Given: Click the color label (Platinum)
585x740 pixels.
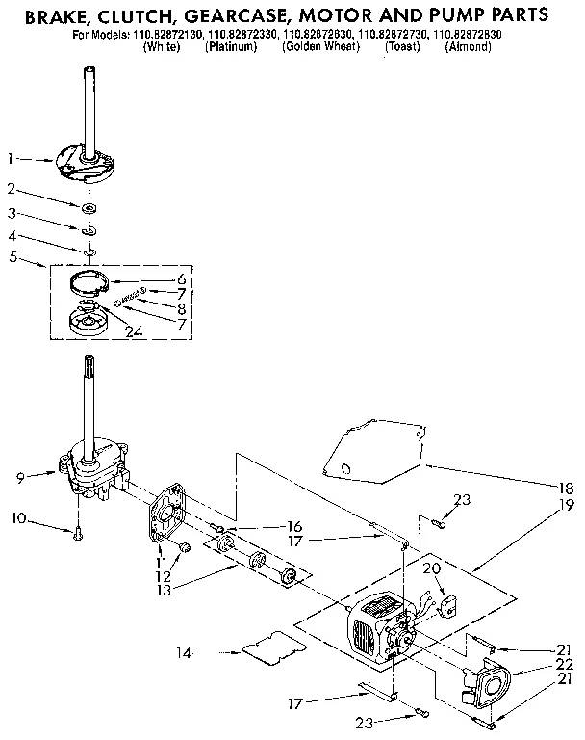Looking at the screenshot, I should (231, 46).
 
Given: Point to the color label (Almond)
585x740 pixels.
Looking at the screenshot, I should (468, 46).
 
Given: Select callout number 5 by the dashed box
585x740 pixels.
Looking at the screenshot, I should (11, 256).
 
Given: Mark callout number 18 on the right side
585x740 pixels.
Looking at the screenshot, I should (566, 488).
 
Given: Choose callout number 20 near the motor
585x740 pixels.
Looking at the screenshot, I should (432, 569).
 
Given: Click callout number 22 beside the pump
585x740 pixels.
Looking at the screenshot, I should (566, 666).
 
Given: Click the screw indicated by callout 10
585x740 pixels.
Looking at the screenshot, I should (77, 531).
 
